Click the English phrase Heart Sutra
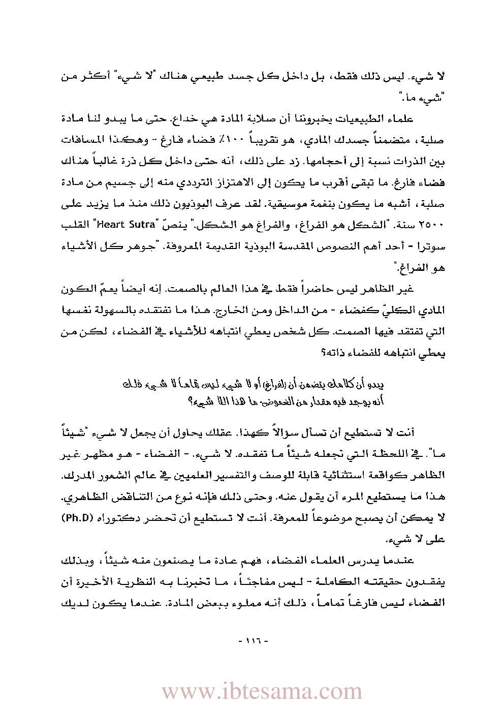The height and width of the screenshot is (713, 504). [x=125, y=224]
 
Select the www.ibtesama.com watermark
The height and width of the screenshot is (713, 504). [x=262, y=692]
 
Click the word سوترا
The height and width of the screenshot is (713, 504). [x=433, y=246]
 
